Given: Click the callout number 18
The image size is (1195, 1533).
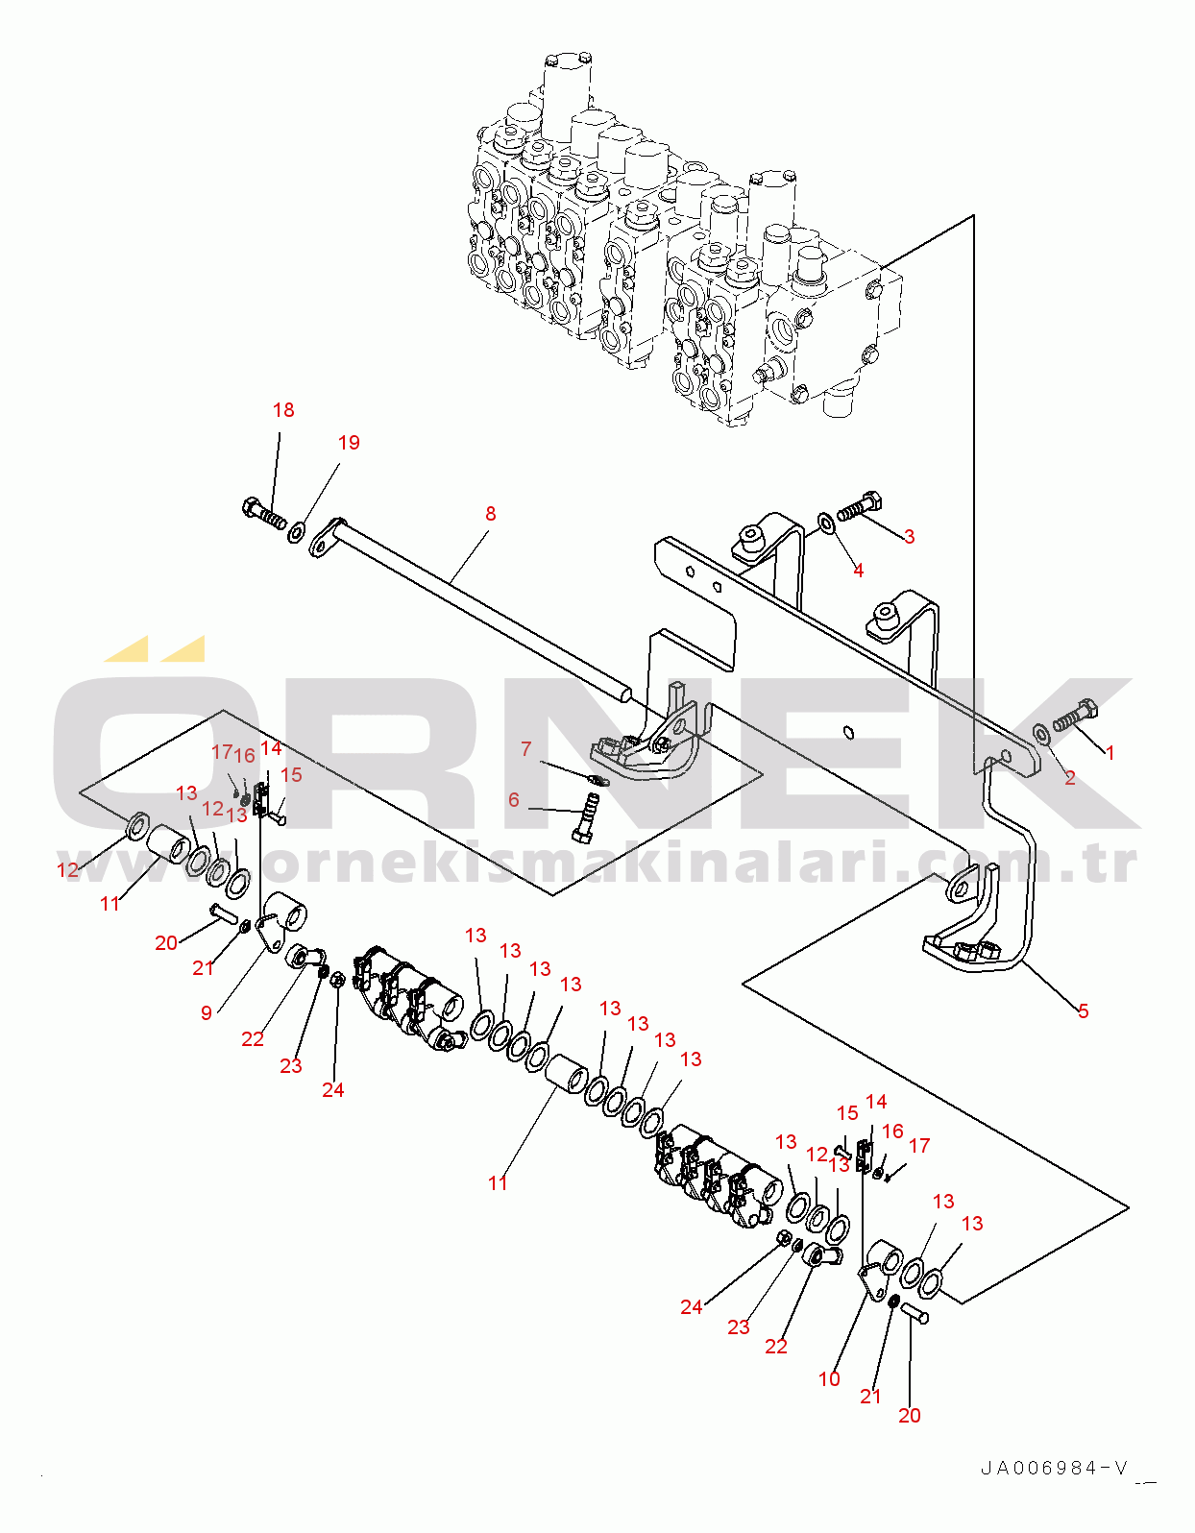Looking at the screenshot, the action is coord(283,410).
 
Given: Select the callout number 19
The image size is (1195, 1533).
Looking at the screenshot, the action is coord(349,443).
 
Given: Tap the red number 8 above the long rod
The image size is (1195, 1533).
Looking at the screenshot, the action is coord(491,514).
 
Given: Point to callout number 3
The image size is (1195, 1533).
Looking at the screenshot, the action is coord(909,537).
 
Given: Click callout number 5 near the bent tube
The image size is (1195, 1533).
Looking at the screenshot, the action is coord(1083,1010).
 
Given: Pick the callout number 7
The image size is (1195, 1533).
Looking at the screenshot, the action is coord(525,748).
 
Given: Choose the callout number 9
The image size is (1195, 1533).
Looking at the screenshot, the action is coord(207,1012).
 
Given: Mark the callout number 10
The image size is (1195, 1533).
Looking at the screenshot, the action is coord(829,1379).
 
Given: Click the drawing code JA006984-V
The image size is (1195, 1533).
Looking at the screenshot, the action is coord(1055,1468).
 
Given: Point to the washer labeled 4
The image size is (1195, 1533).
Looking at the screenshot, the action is coord(826,523).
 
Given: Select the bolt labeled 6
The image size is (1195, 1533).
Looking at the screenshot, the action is coord(587,816).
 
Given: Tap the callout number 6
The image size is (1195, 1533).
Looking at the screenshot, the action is coord(514,800).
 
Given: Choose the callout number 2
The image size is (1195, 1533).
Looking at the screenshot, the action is coord(1069,778).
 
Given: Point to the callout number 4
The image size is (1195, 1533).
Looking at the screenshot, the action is coord(858,571).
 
